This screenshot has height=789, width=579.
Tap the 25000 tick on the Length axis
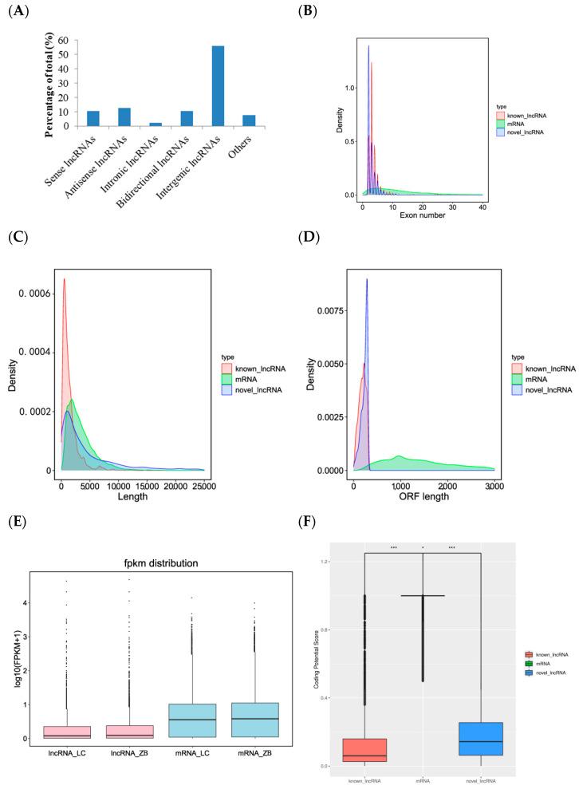[x=203, y=483]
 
